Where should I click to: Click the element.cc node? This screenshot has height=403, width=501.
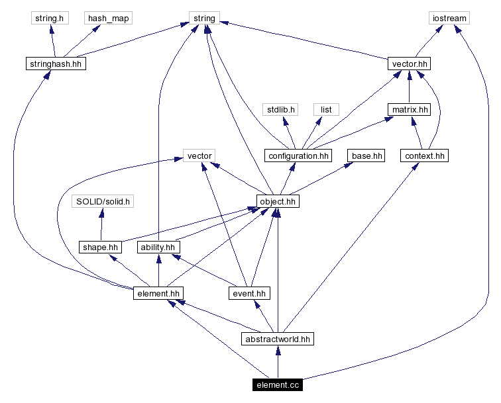point(277,384)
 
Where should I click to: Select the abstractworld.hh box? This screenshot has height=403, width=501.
point(277,339)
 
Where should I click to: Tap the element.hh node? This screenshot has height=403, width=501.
point(158,292)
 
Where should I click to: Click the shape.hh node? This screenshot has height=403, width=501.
point(101,247)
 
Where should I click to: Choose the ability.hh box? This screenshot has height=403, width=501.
point(158,247)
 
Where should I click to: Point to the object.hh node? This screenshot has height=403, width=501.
point(278,201)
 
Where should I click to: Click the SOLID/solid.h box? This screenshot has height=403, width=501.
point(103,201)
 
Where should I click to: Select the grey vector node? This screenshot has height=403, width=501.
point(199,156)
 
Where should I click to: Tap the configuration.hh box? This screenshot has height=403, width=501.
point(298,156)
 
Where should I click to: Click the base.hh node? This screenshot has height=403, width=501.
point(366,156)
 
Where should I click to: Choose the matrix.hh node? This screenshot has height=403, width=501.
point(409,109)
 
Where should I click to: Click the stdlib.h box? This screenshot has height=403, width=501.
point(280,109)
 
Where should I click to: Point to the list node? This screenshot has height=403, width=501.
point(326,109)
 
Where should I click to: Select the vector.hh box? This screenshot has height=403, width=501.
point(410,64)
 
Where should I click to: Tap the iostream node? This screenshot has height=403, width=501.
point(449,18)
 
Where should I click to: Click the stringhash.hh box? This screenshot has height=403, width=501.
point(54,64)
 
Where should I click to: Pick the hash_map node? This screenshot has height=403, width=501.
point(107,18)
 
